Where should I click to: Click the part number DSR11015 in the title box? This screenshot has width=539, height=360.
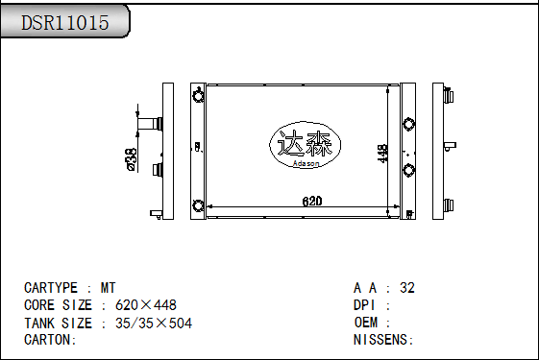pyautogui.click(x=65, y=23)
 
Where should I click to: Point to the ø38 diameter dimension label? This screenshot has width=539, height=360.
pyautogui.click(x=131, y=158)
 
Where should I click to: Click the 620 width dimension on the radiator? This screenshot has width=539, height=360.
pyautogui.click(x=312, y=202)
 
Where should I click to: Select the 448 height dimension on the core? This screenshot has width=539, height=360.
pyautogui.click(x=382, y=155)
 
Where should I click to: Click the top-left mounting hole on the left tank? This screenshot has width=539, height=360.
pyautogui.click(x=199, y=95)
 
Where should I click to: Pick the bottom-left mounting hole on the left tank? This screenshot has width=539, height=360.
pyautogui.click(x=199, y=205)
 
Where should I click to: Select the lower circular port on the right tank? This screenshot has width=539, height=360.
pyautogui.click(x=409, y=170)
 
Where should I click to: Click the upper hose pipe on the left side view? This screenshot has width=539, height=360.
pyautogui.click(x=152, y=124)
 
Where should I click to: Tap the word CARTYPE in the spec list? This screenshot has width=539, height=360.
pyautogui.click(x=51, y=288)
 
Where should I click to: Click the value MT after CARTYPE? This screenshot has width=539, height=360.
pyautogui.click(x=109, y=288)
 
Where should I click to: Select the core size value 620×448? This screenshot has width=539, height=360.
pyautogui.click(x=145, y=305)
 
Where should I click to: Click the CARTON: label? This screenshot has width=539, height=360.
pyautogui.click(x=50, y=340)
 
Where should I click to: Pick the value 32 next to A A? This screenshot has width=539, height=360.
pyautogui.click(x=407, y=288)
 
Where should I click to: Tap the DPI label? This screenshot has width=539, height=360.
pyautogui.click(x=367, y=305)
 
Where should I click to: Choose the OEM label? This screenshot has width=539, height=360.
pyautogui.click(x=367, y=323)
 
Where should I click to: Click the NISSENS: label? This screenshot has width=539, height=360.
pyautogui.click(x=383, y=340)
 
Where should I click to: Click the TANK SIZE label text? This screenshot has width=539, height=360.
pyautogui.click(x=58, y=323)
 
